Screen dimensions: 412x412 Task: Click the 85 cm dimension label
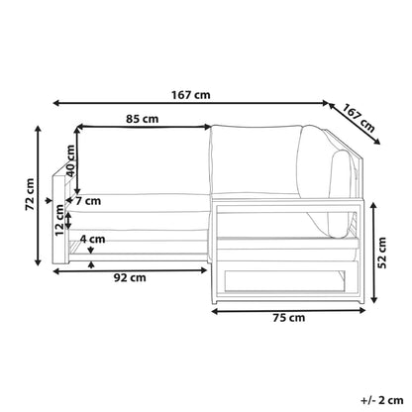[x=142, y=119]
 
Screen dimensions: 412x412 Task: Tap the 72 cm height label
[x=30, y=194]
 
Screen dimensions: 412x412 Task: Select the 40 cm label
[x=70, y=160]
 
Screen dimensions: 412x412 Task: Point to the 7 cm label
[x=88, y=201]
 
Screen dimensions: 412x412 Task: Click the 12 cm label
[x=59, y=220]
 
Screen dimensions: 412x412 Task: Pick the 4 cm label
[x=93, y=239]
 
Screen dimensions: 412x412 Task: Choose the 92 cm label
[x=130, y=277]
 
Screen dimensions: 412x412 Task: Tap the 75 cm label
[x=289, y=318]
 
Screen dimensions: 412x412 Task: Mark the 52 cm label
[x=382, y=253]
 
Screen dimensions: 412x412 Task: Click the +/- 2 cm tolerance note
[x=382, y=400]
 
